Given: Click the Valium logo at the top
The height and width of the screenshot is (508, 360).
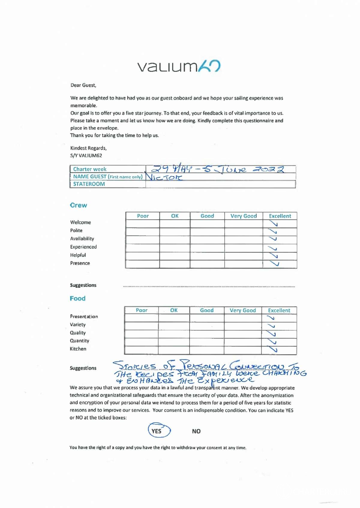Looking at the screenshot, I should point(179,66).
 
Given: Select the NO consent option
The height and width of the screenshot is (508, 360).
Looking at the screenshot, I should point(196,431).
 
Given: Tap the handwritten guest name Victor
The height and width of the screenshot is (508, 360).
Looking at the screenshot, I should point(164,177).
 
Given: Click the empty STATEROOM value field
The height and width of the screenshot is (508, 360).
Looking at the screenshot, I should point(220,184).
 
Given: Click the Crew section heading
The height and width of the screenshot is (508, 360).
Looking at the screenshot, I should point(78,205).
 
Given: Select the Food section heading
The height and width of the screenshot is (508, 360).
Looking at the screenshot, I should point(77,298).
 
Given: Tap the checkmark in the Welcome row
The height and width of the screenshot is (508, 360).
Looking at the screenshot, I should point(273,224).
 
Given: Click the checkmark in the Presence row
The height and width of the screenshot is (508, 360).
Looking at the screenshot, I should point(274,264).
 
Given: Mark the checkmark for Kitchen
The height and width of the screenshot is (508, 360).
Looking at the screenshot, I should point(273,349).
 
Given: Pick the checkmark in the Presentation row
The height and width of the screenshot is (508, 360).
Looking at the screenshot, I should point(271,318).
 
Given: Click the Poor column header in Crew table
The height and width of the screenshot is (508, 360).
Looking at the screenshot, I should point(143,216).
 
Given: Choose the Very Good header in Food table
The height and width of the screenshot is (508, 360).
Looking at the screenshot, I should point(243,310).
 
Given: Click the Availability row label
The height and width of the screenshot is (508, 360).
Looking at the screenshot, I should point(82,239).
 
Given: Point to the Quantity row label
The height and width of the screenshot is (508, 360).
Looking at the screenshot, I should point(79,341).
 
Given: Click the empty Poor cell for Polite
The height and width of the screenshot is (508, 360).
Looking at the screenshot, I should point(142,232).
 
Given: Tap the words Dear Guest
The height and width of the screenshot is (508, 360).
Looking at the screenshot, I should point(83,85).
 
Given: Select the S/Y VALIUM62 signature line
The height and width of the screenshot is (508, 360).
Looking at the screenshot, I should point(86,156).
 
